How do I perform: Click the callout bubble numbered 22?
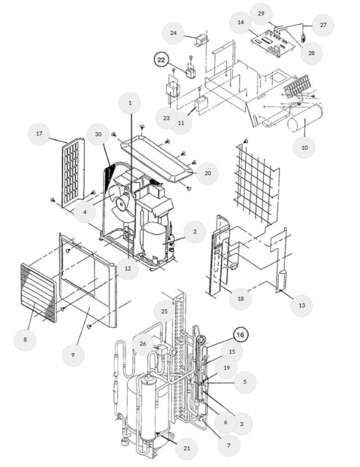(x=161, y=60)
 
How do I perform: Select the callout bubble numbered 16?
(x=240, y=335)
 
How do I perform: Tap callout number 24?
(x=173, y=33)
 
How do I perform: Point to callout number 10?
(x=304, y=148)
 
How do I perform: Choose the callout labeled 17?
(x=39, y=134)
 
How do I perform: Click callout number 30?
(x=98, y=134)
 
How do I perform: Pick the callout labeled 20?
(x=208, y=173)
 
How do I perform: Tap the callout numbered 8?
(x=25, y=340)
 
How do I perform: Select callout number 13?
(x=302, y=305)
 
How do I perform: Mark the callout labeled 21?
(x=187, y=448)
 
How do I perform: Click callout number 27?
(x=323, y=25)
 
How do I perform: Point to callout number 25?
(x=164, y=311)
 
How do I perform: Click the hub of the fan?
(x=122, y=204)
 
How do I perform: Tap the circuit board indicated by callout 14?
(x=273, y=44)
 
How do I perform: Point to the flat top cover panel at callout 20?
(x=159, y=158)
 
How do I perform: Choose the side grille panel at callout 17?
(x=73, y=172)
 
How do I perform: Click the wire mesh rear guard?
(x=257, y=183)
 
